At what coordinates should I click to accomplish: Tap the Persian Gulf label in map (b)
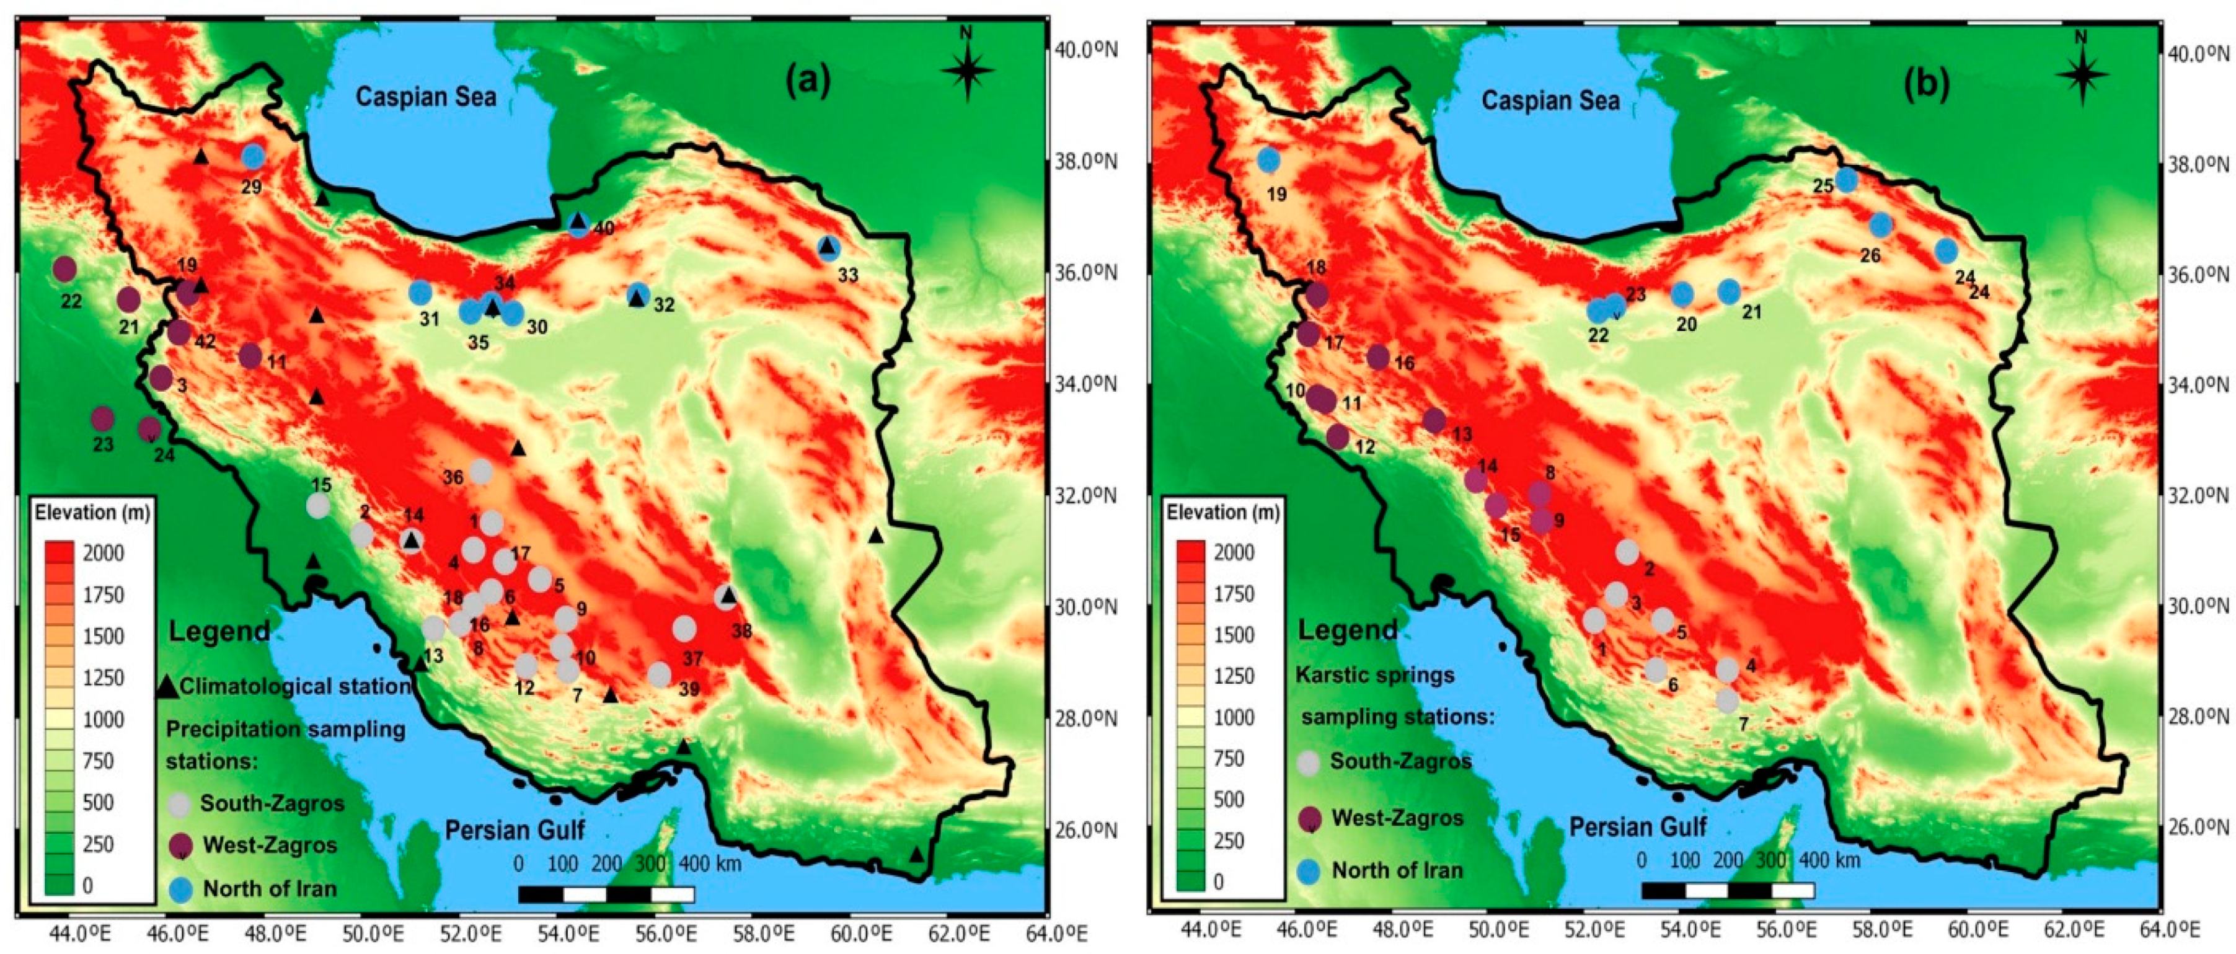(1637, 826)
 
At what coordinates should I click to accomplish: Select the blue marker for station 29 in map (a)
(252, 156)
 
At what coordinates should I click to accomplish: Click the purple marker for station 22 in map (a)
(64, 269)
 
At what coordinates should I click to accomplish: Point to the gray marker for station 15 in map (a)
(319, 506)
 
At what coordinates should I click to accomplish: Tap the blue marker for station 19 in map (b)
(1269, 160)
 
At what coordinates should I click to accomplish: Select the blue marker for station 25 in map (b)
(1846, 180)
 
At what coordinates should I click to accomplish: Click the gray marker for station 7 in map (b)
(1727, 700)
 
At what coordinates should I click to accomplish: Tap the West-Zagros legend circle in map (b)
(1309, 818)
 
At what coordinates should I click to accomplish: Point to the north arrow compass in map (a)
(968, 69)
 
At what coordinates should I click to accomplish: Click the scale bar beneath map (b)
(1727, 890)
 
